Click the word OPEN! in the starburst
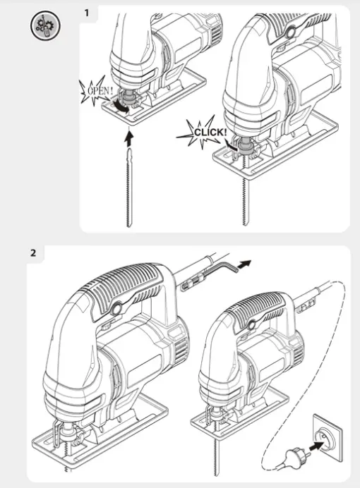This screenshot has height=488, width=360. [100, 90]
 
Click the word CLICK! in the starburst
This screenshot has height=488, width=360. [210, 133]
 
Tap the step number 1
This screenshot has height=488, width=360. [87, 13]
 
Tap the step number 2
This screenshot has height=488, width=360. [33, 252]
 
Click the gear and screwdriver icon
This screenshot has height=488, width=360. [45, 25]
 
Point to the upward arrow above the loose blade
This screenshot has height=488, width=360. [128, 139]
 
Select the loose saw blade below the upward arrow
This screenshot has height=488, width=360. [129, 188]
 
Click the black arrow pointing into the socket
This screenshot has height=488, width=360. [316, 448]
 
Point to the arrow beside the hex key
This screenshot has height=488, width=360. [244, 264]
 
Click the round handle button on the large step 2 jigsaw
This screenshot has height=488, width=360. [116, 309]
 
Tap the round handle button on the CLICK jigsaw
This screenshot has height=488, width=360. [292, 32]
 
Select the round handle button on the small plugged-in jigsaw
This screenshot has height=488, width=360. [251, 324]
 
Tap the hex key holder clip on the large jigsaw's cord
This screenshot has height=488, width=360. [188, 284]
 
